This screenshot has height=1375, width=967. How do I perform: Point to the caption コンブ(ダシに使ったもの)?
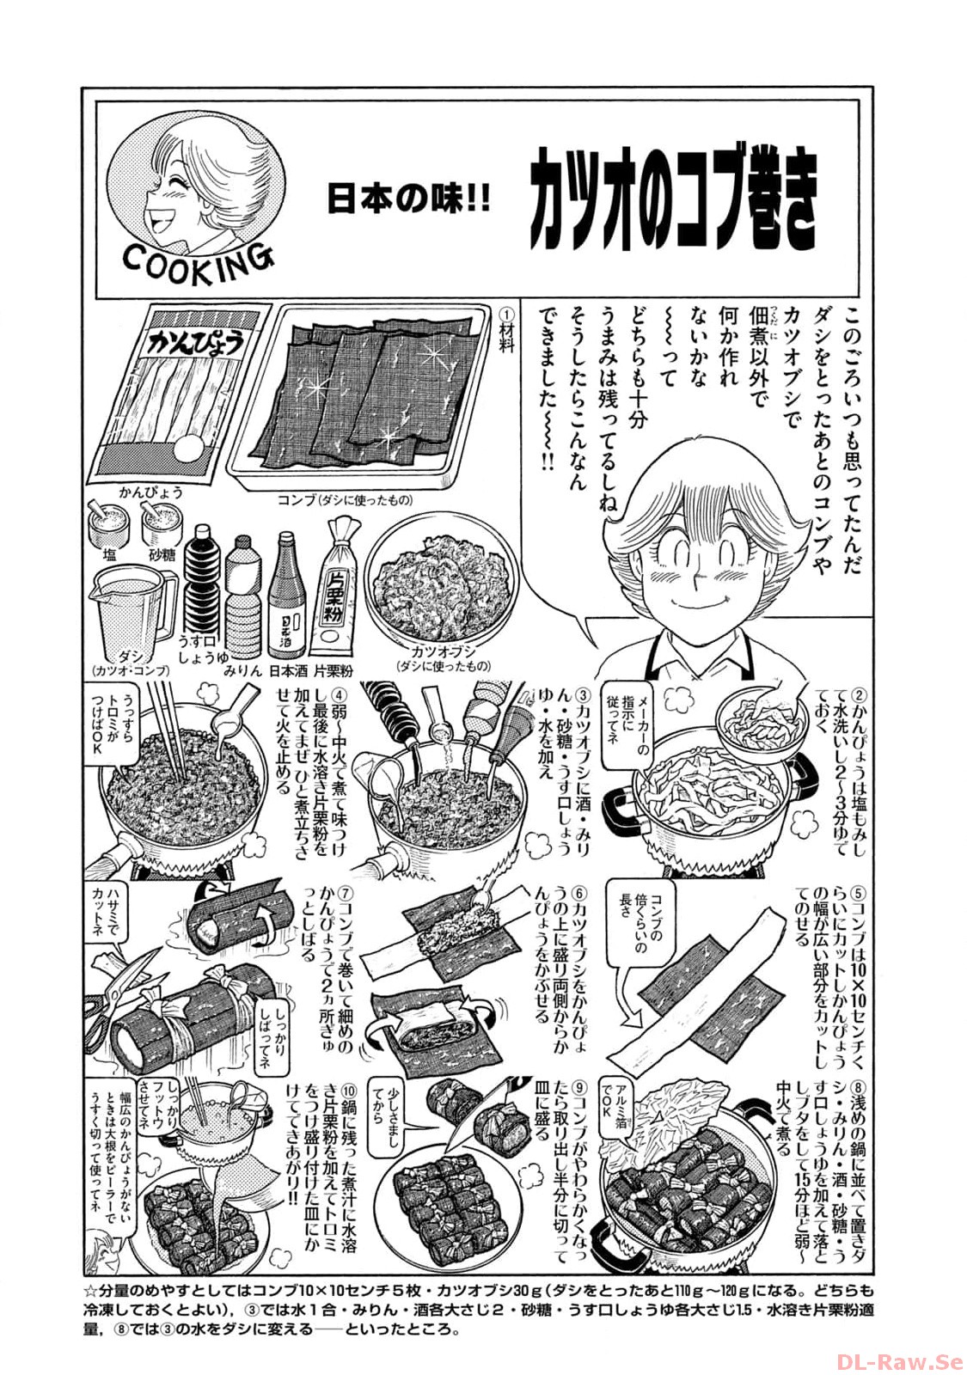pos(345,500)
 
